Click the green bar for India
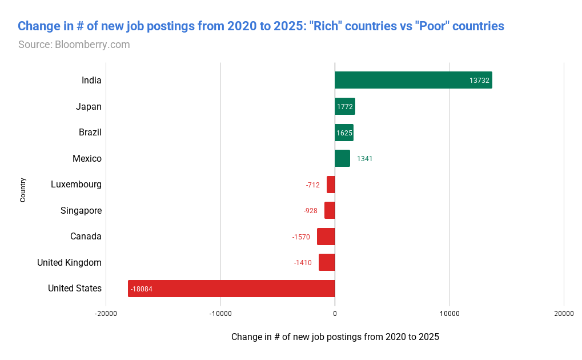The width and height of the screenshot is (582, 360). (413, 80)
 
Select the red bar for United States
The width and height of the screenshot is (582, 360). (231, 289)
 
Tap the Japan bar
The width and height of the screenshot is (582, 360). (345, 106)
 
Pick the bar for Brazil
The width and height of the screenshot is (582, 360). (344, 133)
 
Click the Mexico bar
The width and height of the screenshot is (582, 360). (342, 158)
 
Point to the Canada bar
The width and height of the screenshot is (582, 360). (326, 237)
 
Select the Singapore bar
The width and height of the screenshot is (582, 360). (330, 210)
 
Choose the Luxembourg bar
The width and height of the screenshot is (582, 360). (331, 185)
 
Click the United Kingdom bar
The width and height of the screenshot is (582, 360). (327, 262)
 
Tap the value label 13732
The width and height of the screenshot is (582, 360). (479, 81)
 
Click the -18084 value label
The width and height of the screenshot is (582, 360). (141, 289)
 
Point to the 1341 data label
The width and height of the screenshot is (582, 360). (364, 159)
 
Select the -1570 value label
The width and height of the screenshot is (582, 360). (300, 237)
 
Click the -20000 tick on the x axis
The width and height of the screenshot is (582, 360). (106, 314)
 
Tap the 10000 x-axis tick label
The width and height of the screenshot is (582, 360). (449, 314)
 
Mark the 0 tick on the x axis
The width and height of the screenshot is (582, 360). (335, 314)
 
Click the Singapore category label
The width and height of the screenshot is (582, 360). (81, 210)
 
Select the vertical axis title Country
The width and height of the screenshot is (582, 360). (23, 190)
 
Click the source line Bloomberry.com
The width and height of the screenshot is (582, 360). (74, 44)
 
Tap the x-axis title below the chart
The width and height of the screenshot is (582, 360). (335, 337)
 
